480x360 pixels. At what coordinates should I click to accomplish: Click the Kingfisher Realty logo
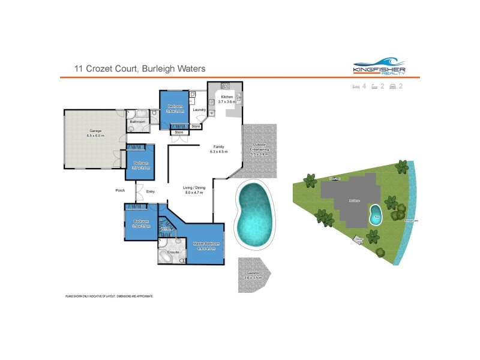tap(379, 67)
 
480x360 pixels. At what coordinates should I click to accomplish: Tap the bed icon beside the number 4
tap(356, 86)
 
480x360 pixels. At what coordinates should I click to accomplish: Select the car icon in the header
tap(393, 86)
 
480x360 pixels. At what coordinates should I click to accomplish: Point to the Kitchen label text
tap(227, 97)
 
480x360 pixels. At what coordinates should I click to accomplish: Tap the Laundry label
tap(199, 110)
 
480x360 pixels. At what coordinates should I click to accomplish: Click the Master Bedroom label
tap(206, 243)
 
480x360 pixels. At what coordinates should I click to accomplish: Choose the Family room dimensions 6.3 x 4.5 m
tap(220, 152)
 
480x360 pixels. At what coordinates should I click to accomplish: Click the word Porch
tap(120, 191)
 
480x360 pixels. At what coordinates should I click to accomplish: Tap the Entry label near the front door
tap(151, 191)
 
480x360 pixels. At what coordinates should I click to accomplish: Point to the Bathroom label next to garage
tap(138, 122)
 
